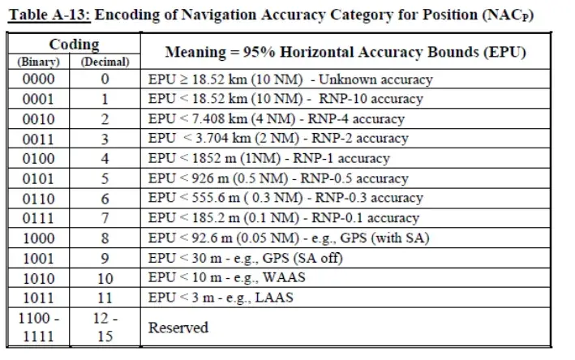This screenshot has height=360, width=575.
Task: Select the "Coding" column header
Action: (73, 45)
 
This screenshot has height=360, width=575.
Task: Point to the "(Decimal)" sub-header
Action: (105, 61)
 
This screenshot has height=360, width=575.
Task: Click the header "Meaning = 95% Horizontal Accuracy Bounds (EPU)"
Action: (345, 52)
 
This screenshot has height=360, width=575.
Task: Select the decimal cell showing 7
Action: (105, 218)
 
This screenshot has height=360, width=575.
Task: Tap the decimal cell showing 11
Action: (105, 298)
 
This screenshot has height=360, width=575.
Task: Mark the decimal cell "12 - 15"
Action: (105, 327)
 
